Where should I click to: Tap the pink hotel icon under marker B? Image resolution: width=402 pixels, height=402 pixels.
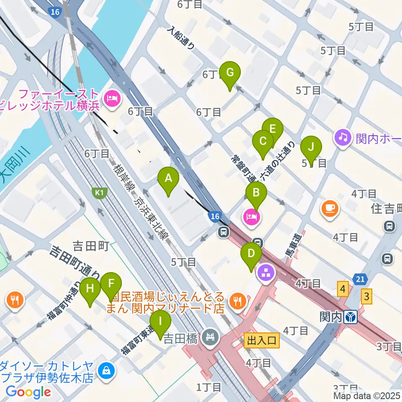click(x=251, y=217)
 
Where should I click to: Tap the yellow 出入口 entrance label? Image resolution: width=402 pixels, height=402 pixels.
click(x=261, y=340)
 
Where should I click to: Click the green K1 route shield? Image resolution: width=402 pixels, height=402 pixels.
click(x=99, y=193)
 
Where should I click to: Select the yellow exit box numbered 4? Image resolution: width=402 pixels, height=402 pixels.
click(x=343, y=289)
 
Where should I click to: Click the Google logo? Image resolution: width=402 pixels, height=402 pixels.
click(x=28, y=392)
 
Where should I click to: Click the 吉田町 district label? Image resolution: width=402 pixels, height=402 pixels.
click(x=90, y=246)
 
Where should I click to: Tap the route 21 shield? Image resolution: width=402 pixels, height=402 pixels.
click(x=361, y=278)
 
